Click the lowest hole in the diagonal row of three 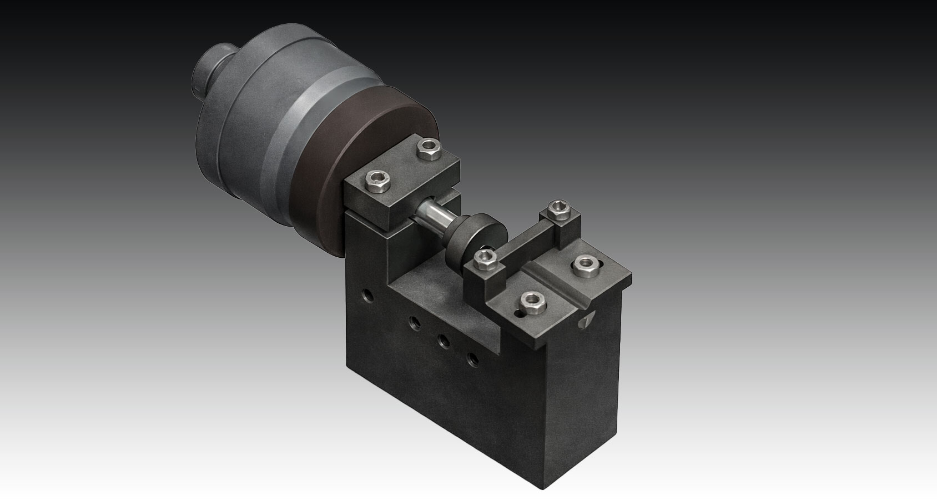tap(473, 359)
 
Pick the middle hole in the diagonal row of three tap(444, 341)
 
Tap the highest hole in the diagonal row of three tap(414, 321)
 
